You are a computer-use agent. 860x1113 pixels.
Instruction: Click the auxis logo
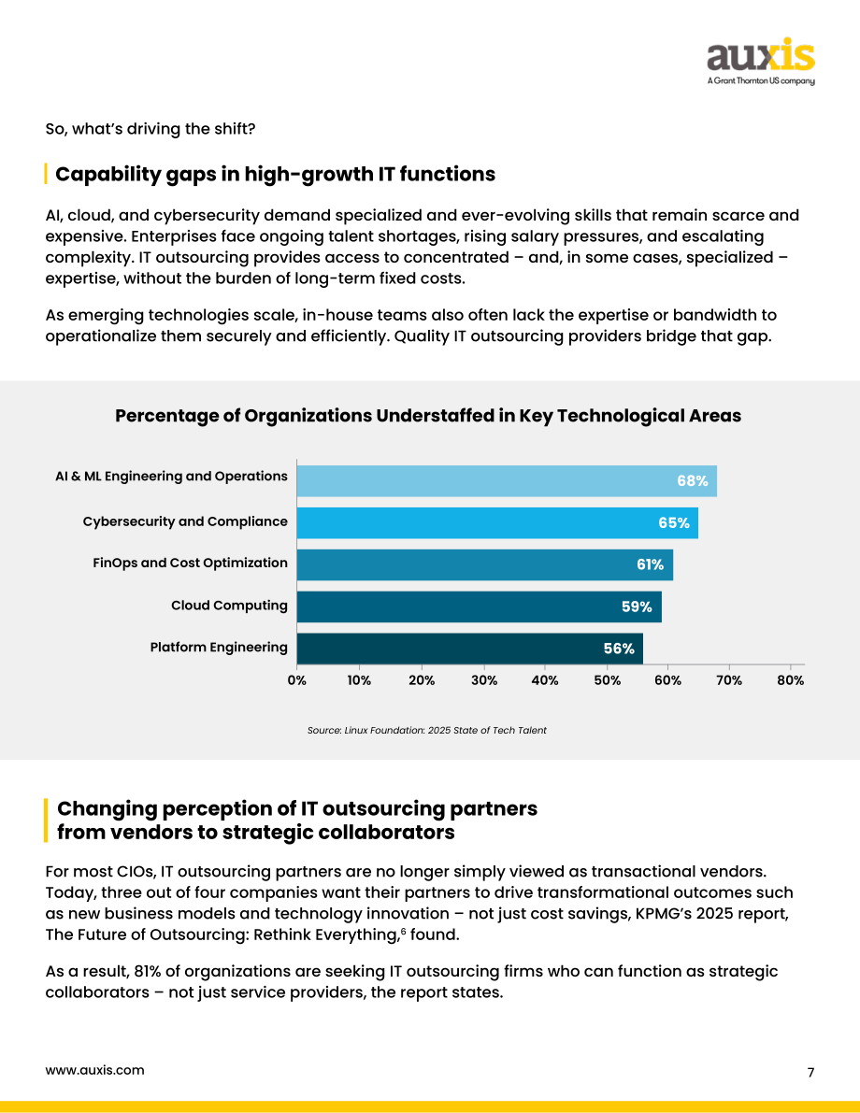tap(761, 61)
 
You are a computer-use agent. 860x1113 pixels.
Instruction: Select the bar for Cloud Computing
tap(480, 606)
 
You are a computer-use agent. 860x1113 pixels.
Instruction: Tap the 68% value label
tap(693, 480)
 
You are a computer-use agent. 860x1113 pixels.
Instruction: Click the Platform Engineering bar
tap(470, 649)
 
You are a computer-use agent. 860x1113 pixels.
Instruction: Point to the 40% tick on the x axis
tap(545, 680)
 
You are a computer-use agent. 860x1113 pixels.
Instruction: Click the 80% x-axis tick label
tap(791, 680)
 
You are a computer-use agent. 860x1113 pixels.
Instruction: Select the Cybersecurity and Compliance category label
tap(185, 521)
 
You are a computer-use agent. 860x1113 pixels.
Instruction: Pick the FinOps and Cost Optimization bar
tap(485, 565)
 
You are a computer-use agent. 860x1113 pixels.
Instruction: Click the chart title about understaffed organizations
tap(428, 415)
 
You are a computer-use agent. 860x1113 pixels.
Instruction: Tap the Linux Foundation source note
tap(427, 730)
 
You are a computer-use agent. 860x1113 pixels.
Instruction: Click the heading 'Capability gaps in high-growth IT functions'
tap(276, 174)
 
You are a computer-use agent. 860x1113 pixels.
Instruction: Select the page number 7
tap(811, 1072)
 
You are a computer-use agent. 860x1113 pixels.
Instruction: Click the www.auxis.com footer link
tap(94, 1070)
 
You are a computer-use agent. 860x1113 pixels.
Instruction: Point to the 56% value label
tap(619, 649)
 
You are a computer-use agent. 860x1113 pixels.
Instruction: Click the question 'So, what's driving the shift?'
tap(150, 128)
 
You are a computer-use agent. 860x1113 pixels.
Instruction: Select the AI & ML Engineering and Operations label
tap(171, 477)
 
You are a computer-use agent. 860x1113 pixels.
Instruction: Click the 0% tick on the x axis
tap(297, 680)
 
